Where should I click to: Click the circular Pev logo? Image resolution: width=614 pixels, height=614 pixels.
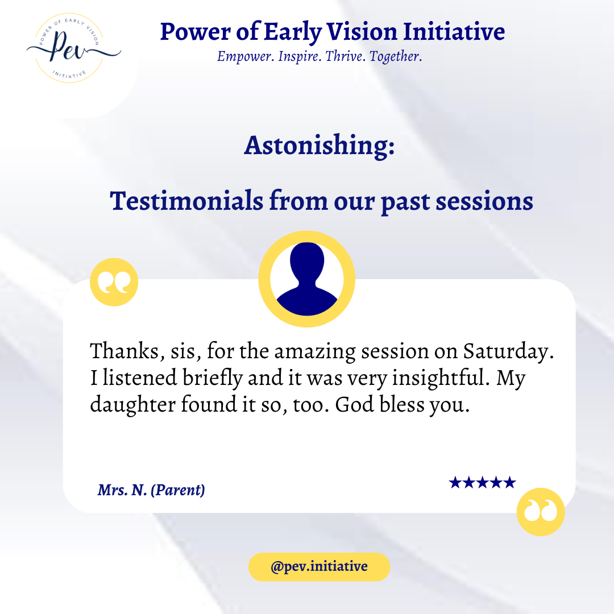(x=70, y=48)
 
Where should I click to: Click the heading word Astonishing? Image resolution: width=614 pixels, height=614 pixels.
(x=319, y=146)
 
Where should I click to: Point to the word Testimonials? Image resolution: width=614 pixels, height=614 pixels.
(x=186, y=201)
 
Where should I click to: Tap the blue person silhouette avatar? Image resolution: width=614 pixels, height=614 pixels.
(x=307, y=279)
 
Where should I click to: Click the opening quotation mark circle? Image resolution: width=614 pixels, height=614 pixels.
(x=114, y=282)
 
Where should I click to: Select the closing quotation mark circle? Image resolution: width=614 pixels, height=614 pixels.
(x=541, y=512)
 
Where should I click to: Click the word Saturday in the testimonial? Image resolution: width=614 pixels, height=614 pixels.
(x=509, y=351)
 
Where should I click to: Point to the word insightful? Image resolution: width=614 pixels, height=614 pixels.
(x=441, y=378)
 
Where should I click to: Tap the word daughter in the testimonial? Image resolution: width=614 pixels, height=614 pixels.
(x=132, y=404)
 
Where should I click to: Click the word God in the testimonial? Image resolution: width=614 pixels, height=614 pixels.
(x=355, y=404)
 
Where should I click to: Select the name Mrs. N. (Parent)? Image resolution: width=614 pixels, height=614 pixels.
(x=151, y=490)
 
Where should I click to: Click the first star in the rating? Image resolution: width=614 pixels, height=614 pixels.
(x=455, y=483)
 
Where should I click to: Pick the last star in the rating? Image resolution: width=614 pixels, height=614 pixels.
(x=509, y=483)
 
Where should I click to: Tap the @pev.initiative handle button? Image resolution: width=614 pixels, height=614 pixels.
(x=319, y=567)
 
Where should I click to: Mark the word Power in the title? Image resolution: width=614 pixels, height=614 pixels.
(x=196, y=32)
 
